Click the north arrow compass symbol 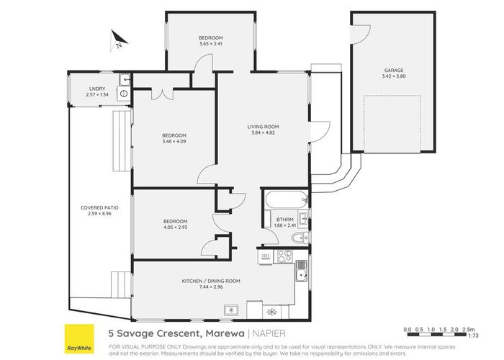(117, 40)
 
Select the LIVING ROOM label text (264, 127)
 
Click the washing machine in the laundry (124, 93)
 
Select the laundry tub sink (125, 79)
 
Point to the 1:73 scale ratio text (473, 336)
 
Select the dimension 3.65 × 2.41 (211, 43)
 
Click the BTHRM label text (283, 220)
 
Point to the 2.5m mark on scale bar (469, 329)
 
